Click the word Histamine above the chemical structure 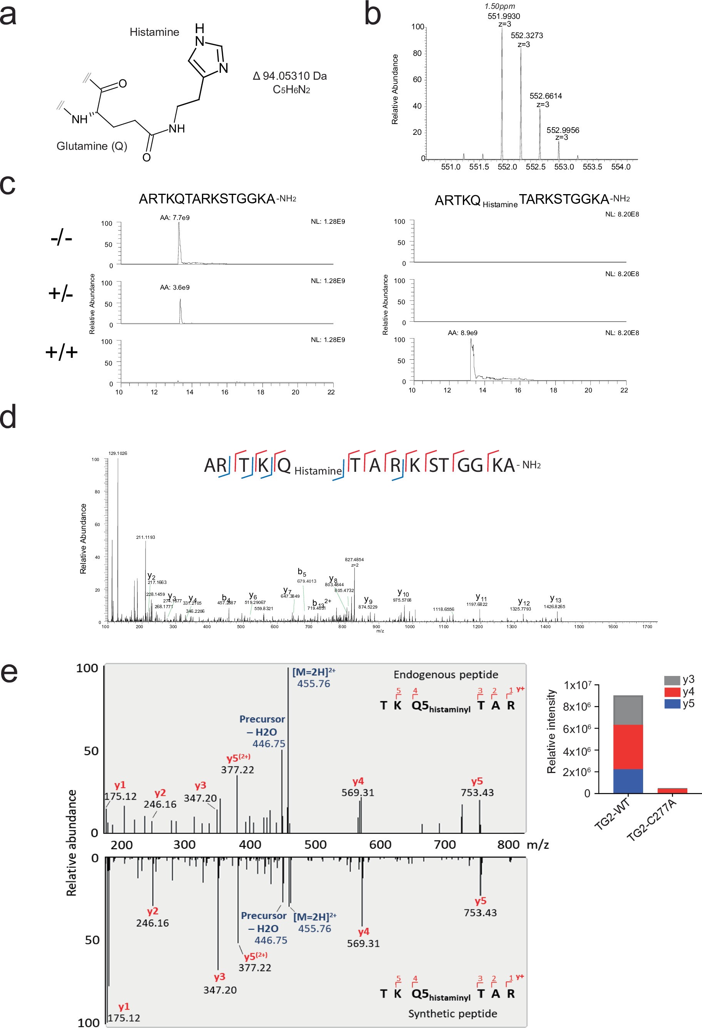point(154,32)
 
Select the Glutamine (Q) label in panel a point(92,146)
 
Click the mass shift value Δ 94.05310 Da point(289,76)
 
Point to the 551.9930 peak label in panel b point(503,16)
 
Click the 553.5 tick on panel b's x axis point(592,167)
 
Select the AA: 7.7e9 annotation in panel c point(175,218)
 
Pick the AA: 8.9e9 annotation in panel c point(462,333)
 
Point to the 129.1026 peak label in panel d point(118,453)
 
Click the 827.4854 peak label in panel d point(354,560)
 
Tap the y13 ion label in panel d point(555,599)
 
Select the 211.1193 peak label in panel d point(145,537)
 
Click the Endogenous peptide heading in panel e point(446,674)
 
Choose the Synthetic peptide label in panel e point(452,1013)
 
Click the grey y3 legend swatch point(672,680)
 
